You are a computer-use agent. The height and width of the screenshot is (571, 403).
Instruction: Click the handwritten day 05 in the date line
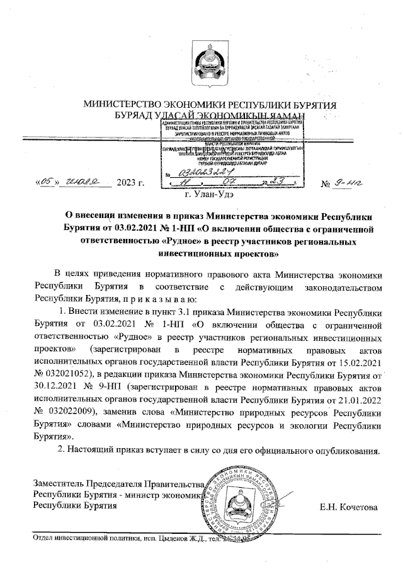(46, 183)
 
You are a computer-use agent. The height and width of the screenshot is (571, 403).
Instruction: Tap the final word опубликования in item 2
(347, 450)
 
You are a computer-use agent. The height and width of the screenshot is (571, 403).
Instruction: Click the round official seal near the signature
(240, 500)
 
